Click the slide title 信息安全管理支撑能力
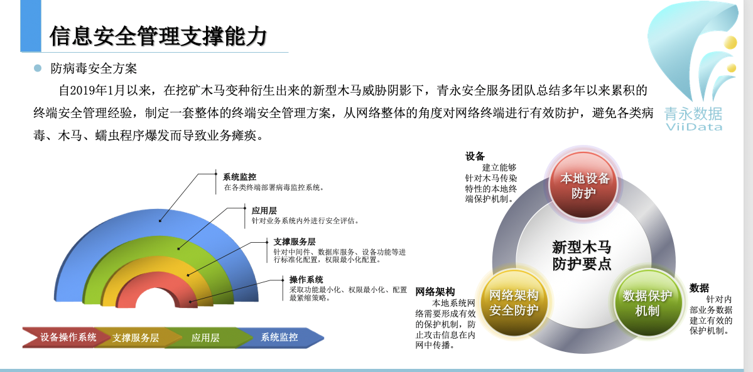158,36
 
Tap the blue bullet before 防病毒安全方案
38,68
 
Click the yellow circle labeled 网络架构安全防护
514,302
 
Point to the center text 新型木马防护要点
582,256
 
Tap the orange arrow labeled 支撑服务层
134,337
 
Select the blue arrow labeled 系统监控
280,337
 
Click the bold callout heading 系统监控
239,177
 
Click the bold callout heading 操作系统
306,279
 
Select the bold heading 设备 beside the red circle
475,156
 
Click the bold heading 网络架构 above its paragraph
435,292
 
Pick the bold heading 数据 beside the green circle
699,288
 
